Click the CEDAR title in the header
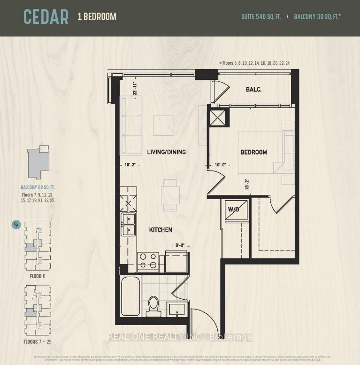[x=46, y=17]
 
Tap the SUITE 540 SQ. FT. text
[x=261, y=17]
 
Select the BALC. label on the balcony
[x=253, y=89]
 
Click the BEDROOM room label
[x=253, y=152]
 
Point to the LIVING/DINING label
[x=166, y=152]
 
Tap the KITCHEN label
[x=161, y=230]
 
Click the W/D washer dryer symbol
[x=233, y=210]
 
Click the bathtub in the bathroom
[x=130, y=296]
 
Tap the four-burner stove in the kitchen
[x=148, y=262]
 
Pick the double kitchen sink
[x=128, y=224]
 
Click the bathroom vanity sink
[x=177, y=310]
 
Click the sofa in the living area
[x=131, y=125]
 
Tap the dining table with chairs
[x=170, y=195]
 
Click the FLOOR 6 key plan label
[x=38, y=276]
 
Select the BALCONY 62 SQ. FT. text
[x=38, y=187]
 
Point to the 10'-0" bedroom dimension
[x=221, y=165]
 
